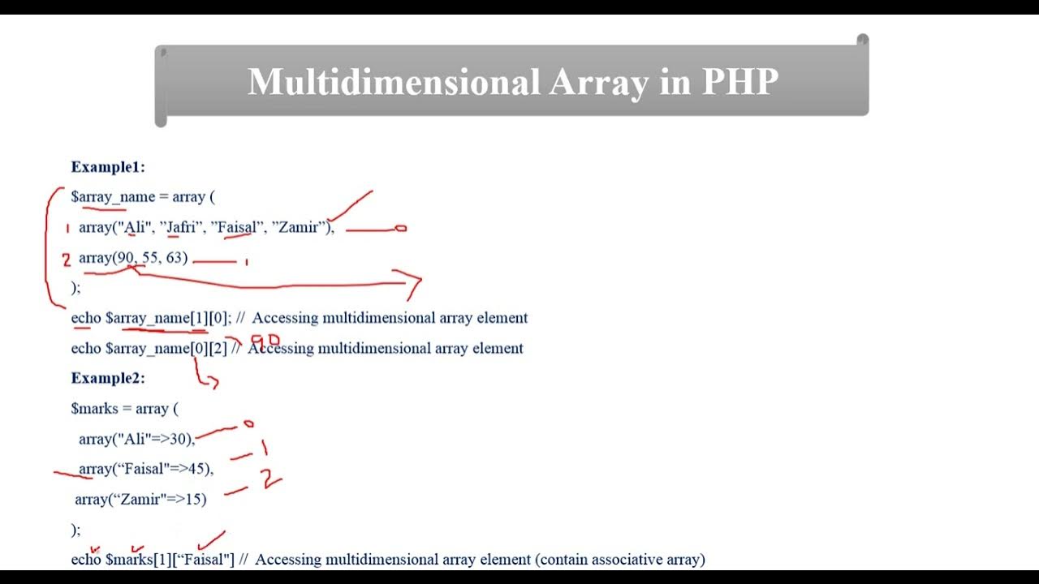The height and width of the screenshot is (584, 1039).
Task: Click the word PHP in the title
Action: coord(739,82)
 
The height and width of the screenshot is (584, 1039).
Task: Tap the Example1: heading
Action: coord(108,167)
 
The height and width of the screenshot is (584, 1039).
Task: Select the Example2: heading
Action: coord(108,378)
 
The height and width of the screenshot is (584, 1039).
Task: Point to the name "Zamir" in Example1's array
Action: coord(298,227)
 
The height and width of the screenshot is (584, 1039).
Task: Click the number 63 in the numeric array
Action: coord(175,258)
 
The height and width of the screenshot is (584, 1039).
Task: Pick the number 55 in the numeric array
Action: coord(150,258)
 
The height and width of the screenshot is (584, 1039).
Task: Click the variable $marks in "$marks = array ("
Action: coord(94,409)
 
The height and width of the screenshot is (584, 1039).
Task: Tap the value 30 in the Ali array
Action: coord(179,439)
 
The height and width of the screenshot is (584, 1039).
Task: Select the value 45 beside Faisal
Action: coord(197,469)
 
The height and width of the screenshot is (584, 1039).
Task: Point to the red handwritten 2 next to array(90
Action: coord(67,260)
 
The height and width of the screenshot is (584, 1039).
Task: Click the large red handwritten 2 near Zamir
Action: coord(269,479)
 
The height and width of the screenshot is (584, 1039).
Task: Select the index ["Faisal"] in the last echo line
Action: coord(205,560)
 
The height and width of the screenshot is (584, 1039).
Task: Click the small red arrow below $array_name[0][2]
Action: coord(207,377)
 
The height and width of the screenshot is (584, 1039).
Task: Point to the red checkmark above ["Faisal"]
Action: coord(211,539)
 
